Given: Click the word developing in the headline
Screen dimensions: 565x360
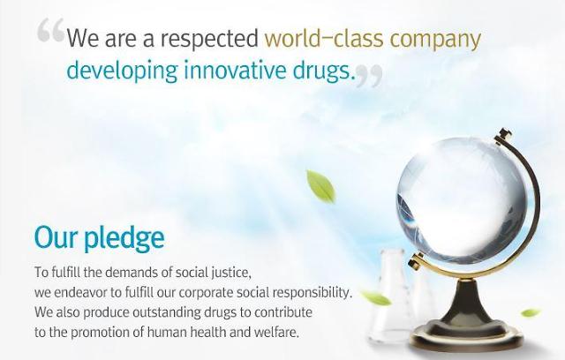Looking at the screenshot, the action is pos(122,71).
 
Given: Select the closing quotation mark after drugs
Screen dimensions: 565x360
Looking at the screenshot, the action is pos(369,76).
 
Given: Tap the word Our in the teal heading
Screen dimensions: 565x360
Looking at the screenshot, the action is pos(56,237).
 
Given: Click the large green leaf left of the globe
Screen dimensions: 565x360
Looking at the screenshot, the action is pos(321,186).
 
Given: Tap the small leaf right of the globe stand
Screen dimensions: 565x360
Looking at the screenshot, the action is pos(531,312).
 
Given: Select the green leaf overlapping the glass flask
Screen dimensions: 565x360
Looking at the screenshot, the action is pos(376,298).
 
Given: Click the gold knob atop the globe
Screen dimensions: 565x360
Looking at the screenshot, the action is pos(503,135).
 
